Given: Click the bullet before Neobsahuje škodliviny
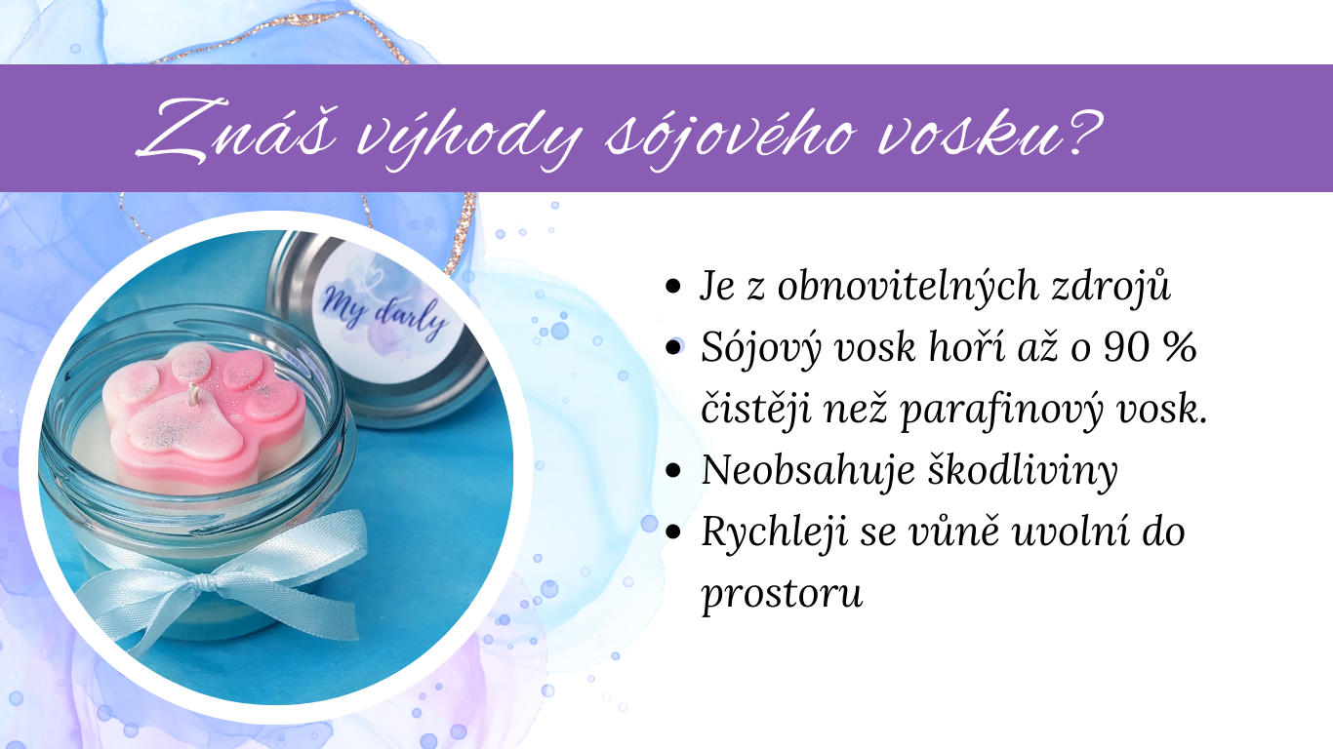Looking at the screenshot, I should coord(672,471).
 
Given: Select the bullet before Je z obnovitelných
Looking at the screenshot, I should coord(672,288).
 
